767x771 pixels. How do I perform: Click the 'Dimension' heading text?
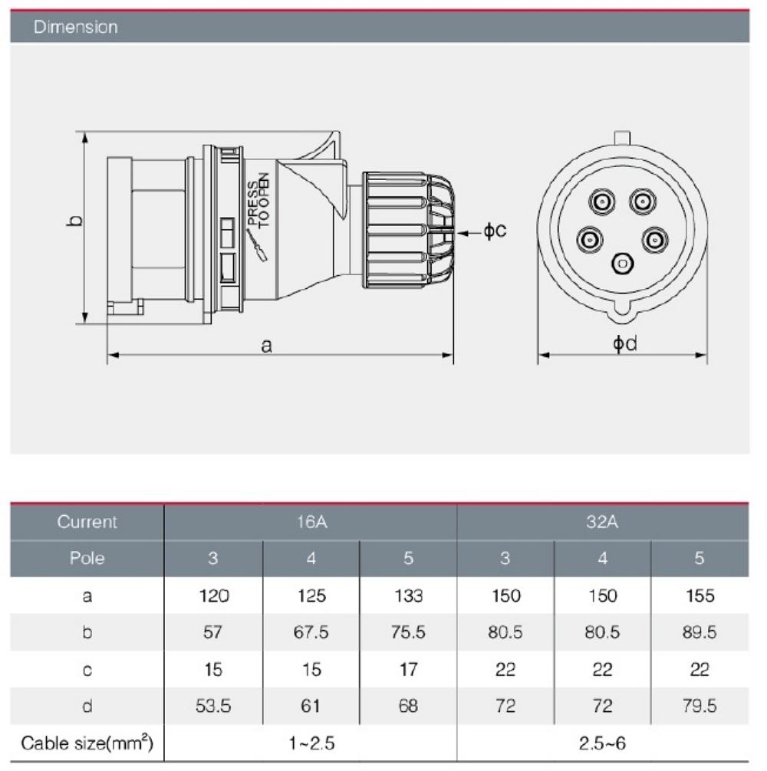point(75,27)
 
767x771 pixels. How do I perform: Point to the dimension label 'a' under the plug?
point(266,346)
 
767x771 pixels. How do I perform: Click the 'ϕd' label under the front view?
point(624,344)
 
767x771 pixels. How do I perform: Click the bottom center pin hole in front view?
point(621,264)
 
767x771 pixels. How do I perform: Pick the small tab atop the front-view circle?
point(622,138)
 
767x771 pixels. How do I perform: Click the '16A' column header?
point(311,522)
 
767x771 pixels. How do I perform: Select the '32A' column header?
point(602,522)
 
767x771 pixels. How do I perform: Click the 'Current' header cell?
point(87,522)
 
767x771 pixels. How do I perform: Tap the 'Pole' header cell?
point(87,558)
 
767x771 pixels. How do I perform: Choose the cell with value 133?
point(408,595)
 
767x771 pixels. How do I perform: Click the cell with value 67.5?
point(311,632)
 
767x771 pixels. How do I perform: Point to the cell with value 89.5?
point(699,632)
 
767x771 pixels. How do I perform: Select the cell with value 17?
point(408,670)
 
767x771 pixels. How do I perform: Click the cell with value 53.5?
point(213,706)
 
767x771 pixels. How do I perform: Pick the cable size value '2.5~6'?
point(602,743)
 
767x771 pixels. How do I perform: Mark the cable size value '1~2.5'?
point(311,743)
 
